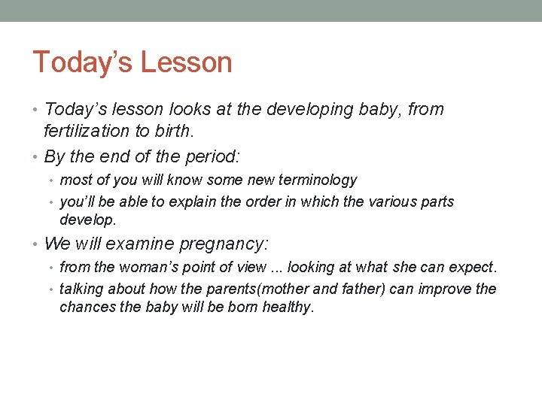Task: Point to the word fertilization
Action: tap(87, 131)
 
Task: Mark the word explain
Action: tap(192, 201)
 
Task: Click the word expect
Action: tap(476, 267)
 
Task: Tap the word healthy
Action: tap(287, 308)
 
